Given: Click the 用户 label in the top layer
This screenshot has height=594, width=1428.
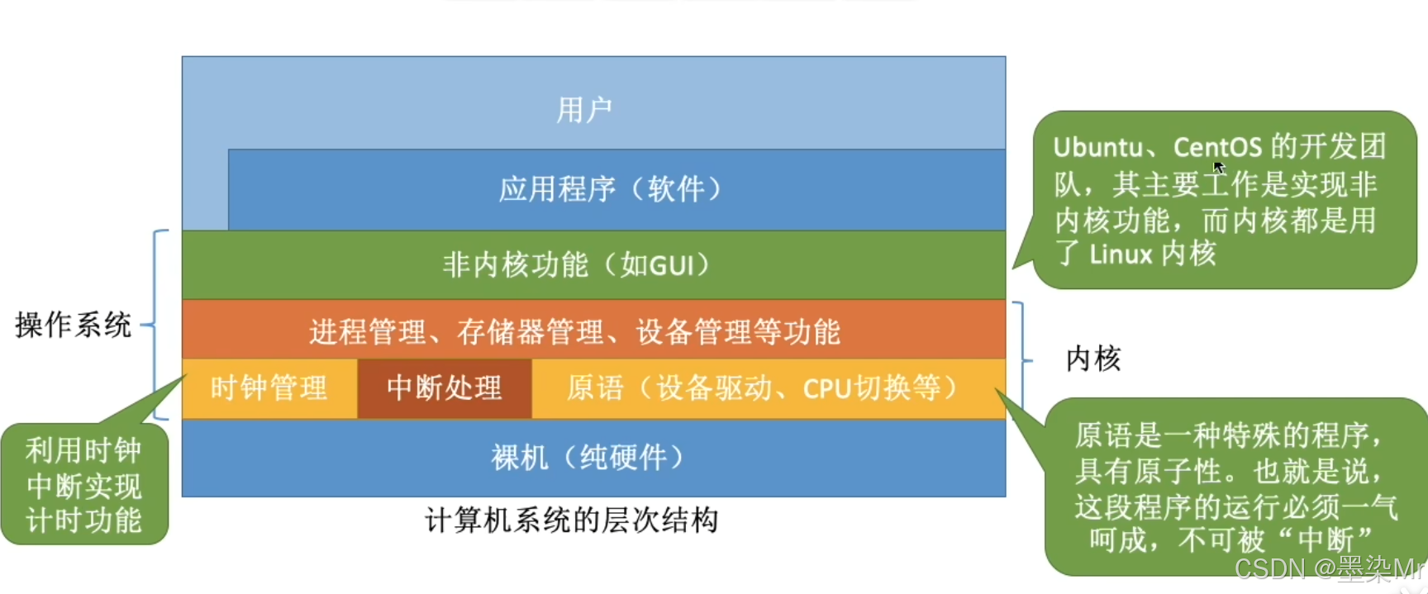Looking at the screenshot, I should pos(583,110).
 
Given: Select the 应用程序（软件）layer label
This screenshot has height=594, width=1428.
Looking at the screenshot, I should pos(611,189).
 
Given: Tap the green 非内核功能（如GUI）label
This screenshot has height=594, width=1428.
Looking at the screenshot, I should pos(576,265).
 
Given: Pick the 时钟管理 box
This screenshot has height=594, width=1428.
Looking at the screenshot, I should pos(269,387).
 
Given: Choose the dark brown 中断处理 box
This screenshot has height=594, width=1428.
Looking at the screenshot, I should pos(444,387).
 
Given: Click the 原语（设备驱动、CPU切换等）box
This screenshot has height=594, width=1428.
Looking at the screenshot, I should pos(762,387).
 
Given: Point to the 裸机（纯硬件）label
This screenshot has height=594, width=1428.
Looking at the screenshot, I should pos(588,457).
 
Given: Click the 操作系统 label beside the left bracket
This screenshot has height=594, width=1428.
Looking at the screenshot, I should pos(73,325).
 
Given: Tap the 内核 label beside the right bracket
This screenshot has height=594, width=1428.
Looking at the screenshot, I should pos(1092,359).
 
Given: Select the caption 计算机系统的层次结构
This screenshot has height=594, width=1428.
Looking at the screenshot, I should pos(571,520).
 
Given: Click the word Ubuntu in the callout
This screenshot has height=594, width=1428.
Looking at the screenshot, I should pos(1097,147).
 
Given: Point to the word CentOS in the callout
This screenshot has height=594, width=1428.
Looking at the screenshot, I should pos(1217,147).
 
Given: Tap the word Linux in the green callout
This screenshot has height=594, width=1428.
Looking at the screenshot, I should pos(1121,254).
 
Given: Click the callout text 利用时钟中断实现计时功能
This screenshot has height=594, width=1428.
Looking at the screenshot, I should pos(83,485).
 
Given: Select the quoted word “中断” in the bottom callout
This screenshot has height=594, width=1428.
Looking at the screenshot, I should pos(1325,539).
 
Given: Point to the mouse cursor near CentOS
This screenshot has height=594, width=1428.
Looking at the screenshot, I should pos(1218,166).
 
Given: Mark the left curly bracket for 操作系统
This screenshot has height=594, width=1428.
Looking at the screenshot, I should pos(156,325).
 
